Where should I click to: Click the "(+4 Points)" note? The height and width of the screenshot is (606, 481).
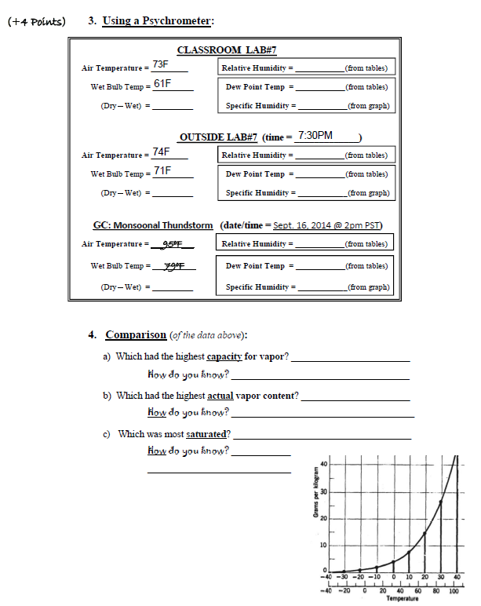37,21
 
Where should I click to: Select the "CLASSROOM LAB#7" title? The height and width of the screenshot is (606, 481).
227,49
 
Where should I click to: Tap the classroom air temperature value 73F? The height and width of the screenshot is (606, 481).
161,64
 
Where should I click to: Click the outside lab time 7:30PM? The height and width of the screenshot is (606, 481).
315,136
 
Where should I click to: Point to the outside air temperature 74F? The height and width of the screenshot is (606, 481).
162,151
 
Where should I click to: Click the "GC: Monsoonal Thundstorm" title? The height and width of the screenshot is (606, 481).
153,225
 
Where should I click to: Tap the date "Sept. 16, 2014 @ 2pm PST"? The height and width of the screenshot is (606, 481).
326,225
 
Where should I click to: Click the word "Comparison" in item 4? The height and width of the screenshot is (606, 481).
136,334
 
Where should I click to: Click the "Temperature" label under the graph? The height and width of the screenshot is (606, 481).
397,598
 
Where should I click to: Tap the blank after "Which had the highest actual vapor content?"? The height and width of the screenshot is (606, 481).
355,396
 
